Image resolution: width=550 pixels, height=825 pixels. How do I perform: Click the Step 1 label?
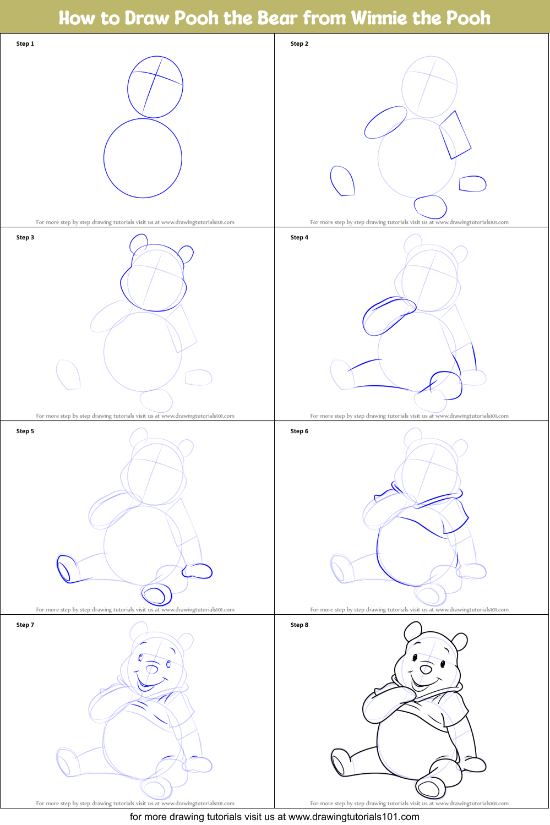[x=25, y=43]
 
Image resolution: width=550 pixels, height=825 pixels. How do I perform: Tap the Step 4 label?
[x=299, y=237]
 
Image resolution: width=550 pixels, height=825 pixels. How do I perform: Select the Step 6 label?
[x=299, y=431]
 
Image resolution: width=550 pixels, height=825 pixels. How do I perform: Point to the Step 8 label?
[x=299, y=625]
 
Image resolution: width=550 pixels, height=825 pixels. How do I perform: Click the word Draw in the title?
[x=146, y=18]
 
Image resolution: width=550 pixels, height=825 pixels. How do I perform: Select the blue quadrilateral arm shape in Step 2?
[x=455, y=134]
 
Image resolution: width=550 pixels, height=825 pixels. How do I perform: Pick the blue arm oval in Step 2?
[x=385, y=122]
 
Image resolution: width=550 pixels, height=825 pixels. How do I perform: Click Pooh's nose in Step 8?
[x=426, y=669]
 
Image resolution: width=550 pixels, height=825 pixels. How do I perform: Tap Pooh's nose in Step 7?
[x=151, y=669]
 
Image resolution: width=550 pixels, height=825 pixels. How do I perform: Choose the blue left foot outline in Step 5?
[x=65, y=569]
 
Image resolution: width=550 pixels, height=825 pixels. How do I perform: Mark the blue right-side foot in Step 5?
[x=198, y=571]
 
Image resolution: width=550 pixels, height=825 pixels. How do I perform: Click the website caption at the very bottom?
[x=274, y=817]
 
